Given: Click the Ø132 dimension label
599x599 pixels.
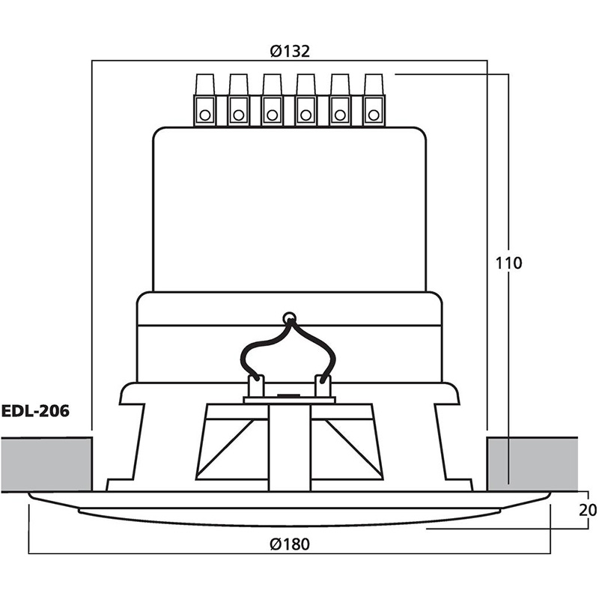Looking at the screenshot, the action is [290, 51].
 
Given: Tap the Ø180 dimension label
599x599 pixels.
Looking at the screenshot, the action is [290, 544].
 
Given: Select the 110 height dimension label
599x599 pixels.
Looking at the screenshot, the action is [508, 264].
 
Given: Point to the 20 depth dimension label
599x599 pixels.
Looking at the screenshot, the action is [588, 510].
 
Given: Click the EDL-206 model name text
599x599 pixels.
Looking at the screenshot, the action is [35, 411].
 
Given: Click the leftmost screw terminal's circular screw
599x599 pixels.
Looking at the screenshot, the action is [205, 115].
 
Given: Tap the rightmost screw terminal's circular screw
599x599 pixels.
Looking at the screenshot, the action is [374, 115].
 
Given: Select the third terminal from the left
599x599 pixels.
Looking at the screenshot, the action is [273, 100].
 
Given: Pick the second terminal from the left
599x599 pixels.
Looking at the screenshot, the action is [239, 100].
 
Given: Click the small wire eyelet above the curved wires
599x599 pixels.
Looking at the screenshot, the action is [290, 317].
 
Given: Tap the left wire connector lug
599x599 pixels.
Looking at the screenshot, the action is [256, 386].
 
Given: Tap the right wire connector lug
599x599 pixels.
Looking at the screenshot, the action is [323, 386].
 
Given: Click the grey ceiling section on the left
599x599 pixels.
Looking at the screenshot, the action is [46, 464].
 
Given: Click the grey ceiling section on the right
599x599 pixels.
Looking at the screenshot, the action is [532, 464].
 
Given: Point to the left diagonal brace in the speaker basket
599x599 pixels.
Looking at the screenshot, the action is [226, 449].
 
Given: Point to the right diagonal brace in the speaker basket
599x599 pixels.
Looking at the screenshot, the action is [353, 449].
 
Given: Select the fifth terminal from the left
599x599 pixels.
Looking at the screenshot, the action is [340, 100].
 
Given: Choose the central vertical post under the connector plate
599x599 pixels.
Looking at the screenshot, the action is [290, 448].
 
